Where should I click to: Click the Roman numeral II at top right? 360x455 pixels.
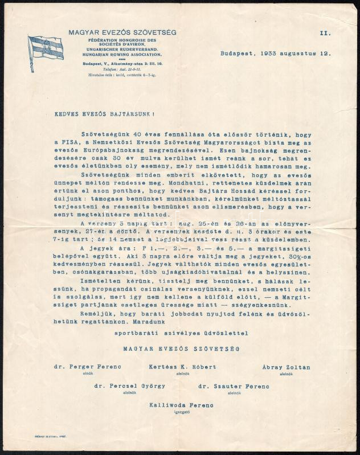pyautogui.click(x=325, y=34)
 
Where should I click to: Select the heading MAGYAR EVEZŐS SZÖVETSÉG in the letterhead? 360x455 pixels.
pyautogui.click(x=122, y=32)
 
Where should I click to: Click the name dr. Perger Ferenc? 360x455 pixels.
pyautogui.click(x=78, y=367)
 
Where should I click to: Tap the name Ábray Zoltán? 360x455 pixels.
pyautogui.click(x=286, y=367)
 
